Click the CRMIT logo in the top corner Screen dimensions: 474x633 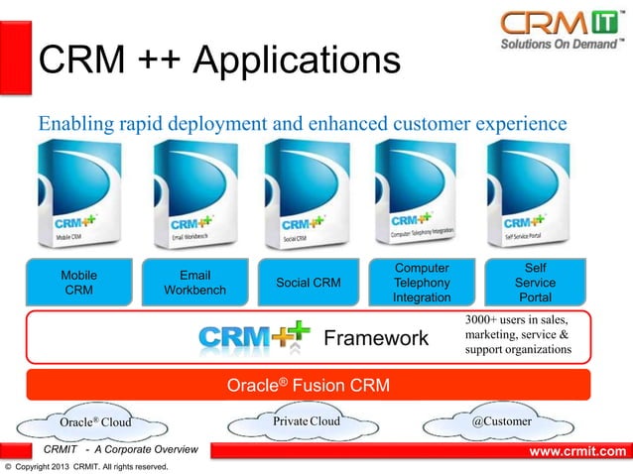[561, 31]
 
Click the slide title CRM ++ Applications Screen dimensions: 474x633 [218, 62]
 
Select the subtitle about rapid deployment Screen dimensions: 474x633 [302, 124]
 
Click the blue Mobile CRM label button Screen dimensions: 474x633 [79, 283]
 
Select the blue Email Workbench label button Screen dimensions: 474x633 [193, 283]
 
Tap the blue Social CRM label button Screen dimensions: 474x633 [308, 283]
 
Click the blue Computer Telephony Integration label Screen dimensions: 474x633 [422, 283]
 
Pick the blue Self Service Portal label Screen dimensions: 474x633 [536, 283]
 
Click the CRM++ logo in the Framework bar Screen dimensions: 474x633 [254, 337]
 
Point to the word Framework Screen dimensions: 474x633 [377, 339]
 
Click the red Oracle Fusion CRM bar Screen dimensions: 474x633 [308, 385]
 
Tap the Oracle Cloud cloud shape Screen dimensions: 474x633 [96, 423]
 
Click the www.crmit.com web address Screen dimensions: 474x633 [575, 452]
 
